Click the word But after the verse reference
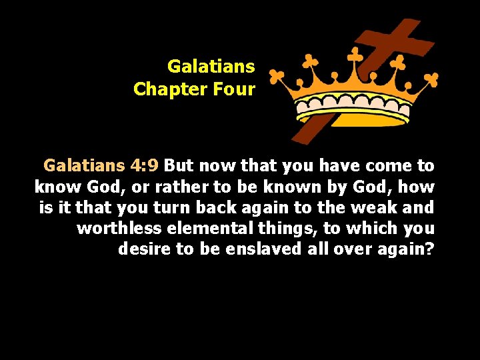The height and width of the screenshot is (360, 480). pos(178,165)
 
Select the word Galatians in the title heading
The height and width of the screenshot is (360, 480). pos(211,67)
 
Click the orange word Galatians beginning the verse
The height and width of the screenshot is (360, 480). pos(84,165)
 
